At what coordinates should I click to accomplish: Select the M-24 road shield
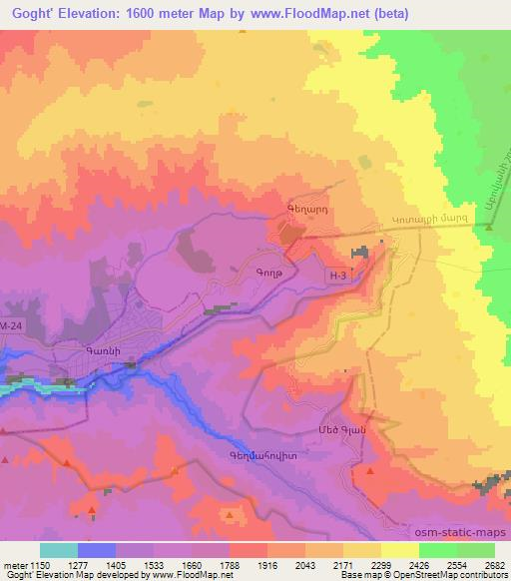[12, 326]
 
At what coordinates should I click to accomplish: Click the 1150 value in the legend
[40, 564]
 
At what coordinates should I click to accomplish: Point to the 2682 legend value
[495, 564]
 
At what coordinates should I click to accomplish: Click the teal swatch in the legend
[59, 550]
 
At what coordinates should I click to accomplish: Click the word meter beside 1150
[15, 564]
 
